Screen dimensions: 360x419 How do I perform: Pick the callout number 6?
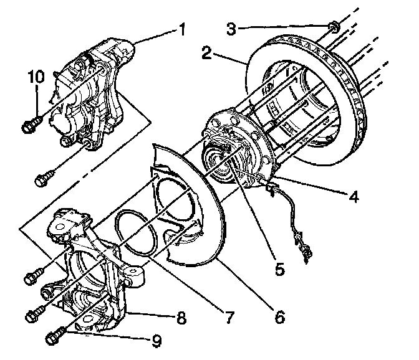[x=278, y=316]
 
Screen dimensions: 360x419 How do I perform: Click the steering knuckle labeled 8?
[x=94, y=262]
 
